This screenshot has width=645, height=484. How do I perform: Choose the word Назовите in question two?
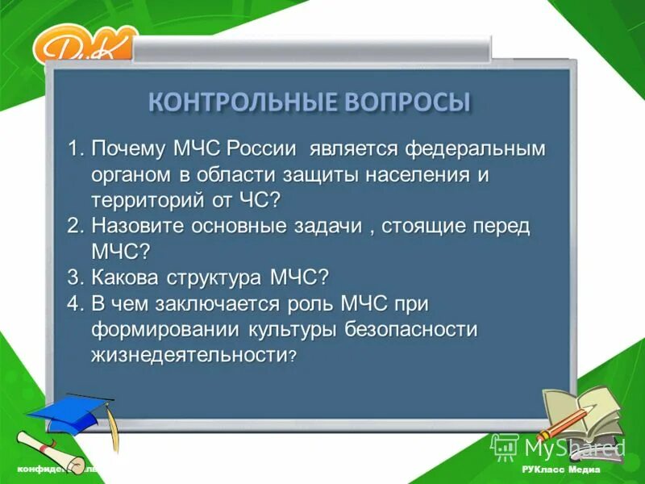pos(139,226)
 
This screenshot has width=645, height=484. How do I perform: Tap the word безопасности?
pos(411,328)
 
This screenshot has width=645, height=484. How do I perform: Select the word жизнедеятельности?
pos(189,354)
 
